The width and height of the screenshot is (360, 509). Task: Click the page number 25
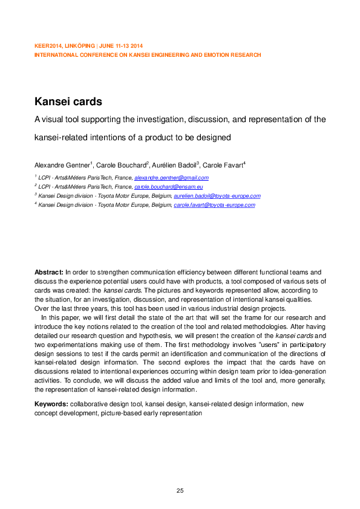click(x=180, y=490)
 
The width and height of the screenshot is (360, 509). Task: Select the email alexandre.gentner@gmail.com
click(x=171, y=178)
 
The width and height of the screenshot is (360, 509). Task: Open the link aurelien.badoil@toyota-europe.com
click(x=217, y=196)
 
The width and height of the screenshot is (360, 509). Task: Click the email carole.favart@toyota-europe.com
click(x=214, y=205)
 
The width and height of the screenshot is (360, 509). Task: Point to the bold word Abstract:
click(x=49, y=273)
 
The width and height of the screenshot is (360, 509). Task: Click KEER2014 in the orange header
click(x=47, y=47)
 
